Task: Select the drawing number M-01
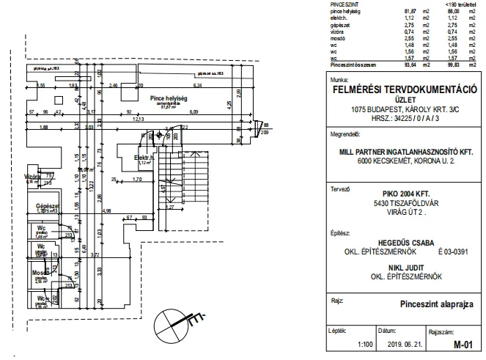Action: coord(463,345)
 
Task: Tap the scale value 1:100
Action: coord(364,345)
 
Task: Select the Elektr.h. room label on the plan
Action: coord(144,158)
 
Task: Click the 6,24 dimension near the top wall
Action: coord(218,73)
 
